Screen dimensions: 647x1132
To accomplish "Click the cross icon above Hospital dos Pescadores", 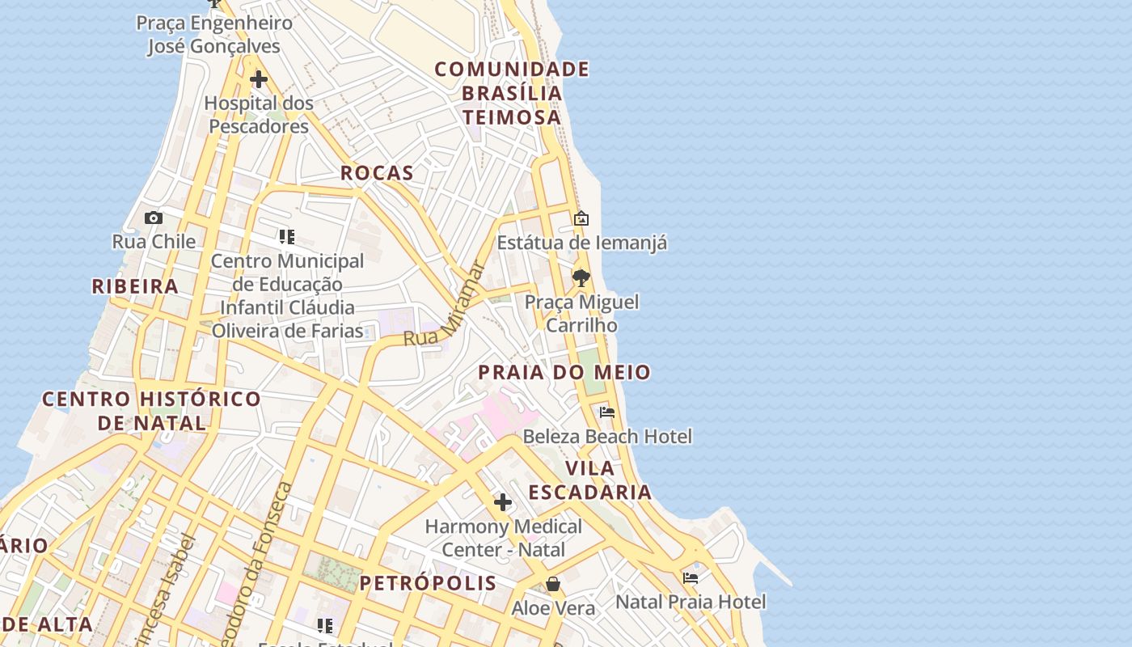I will pyautogui.click(x=259, y=79).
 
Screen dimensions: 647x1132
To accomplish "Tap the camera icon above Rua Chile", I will pyautogui.click(x=153, y=218).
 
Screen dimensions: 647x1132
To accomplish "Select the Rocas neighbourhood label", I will pyautogui.click(x=377, y=173).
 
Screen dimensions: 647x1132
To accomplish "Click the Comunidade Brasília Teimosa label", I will pyautogui.click(x=512, y=93).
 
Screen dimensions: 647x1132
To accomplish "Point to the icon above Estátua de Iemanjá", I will pyautogui.click(x=581, y=218).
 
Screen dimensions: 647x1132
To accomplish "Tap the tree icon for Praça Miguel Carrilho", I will pyautogui.click(x=581, y=278).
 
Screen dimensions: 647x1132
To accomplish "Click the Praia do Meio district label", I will pyautogui.click(x=564, y=373).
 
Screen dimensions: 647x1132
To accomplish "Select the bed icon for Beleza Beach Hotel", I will pyautogui.click(x=607, y=412).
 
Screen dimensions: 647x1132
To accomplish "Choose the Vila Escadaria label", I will pyautogui.click(x=590, y=480).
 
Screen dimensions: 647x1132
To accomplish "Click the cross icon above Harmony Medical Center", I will pyautogui.click(x=503, y=502).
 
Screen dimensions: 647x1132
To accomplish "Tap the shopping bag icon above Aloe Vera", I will pyautogui.click(x=553, y=584).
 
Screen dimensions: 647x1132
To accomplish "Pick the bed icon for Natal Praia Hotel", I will pyautogui.click(x=691, y=578).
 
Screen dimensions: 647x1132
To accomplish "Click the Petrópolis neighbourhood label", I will pyautogui.click(x=429, y=583).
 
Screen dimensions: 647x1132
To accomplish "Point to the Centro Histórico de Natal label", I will pyautogui.click(x=152, y=411).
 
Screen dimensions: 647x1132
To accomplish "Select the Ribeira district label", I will pyautogui.click(x=135, y=286).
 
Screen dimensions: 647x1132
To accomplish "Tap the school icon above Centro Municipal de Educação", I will pyautogui.click(x=287, y=237).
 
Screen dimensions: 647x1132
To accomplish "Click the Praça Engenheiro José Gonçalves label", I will pyautogui.click(x=213, y=34).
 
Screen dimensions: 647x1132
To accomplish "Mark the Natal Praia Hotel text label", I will pyautogui.click(x=691, y=603).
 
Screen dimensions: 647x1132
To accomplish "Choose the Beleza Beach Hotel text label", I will pyautogui.click(x=607, y=437).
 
